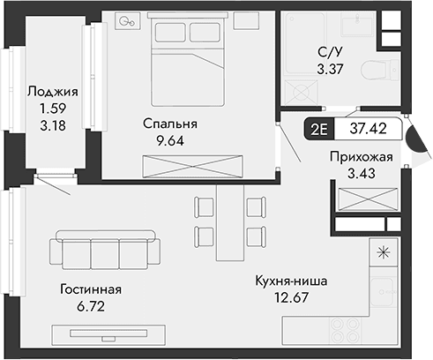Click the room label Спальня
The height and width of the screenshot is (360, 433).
(170, 124)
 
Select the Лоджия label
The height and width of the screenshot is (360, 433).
(54, 90)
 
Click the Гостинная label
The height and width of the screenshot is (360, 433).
(91, 289)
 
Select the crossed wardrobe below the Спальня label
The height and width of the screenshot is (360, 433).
(191, 165)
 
